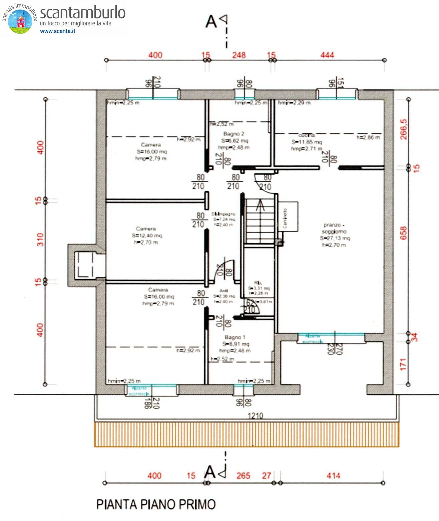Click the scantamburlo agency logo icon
pos(20,21)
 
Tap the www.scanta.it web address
pos(57,31)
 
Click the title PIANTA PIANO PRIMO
pos(156,504)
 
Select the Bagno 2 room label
pos(234,134)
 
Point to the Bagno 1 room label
pos(235,337)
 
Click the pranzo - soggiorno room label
pos(334,228)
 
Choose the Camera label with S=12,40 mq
pos(146,229)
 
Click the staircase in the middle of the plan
pos(260,220)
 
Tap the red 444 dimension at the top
pos(327,55)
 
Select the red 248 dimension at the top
pos(239,55)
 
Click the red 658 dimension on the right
pos(404,233)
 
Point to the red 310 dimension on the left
pos(40,239)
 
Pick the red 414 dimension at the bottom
pos(333,476)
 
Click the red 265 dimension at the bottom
pos(243,476)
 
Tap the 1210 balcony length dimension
pos(255,416)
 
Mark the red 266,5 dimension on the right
pos(404,129)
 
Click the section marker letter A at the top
pos(211,22)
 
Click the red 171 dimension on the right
pos(404,364)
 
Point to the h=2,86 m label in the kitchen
pos(368,137)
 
